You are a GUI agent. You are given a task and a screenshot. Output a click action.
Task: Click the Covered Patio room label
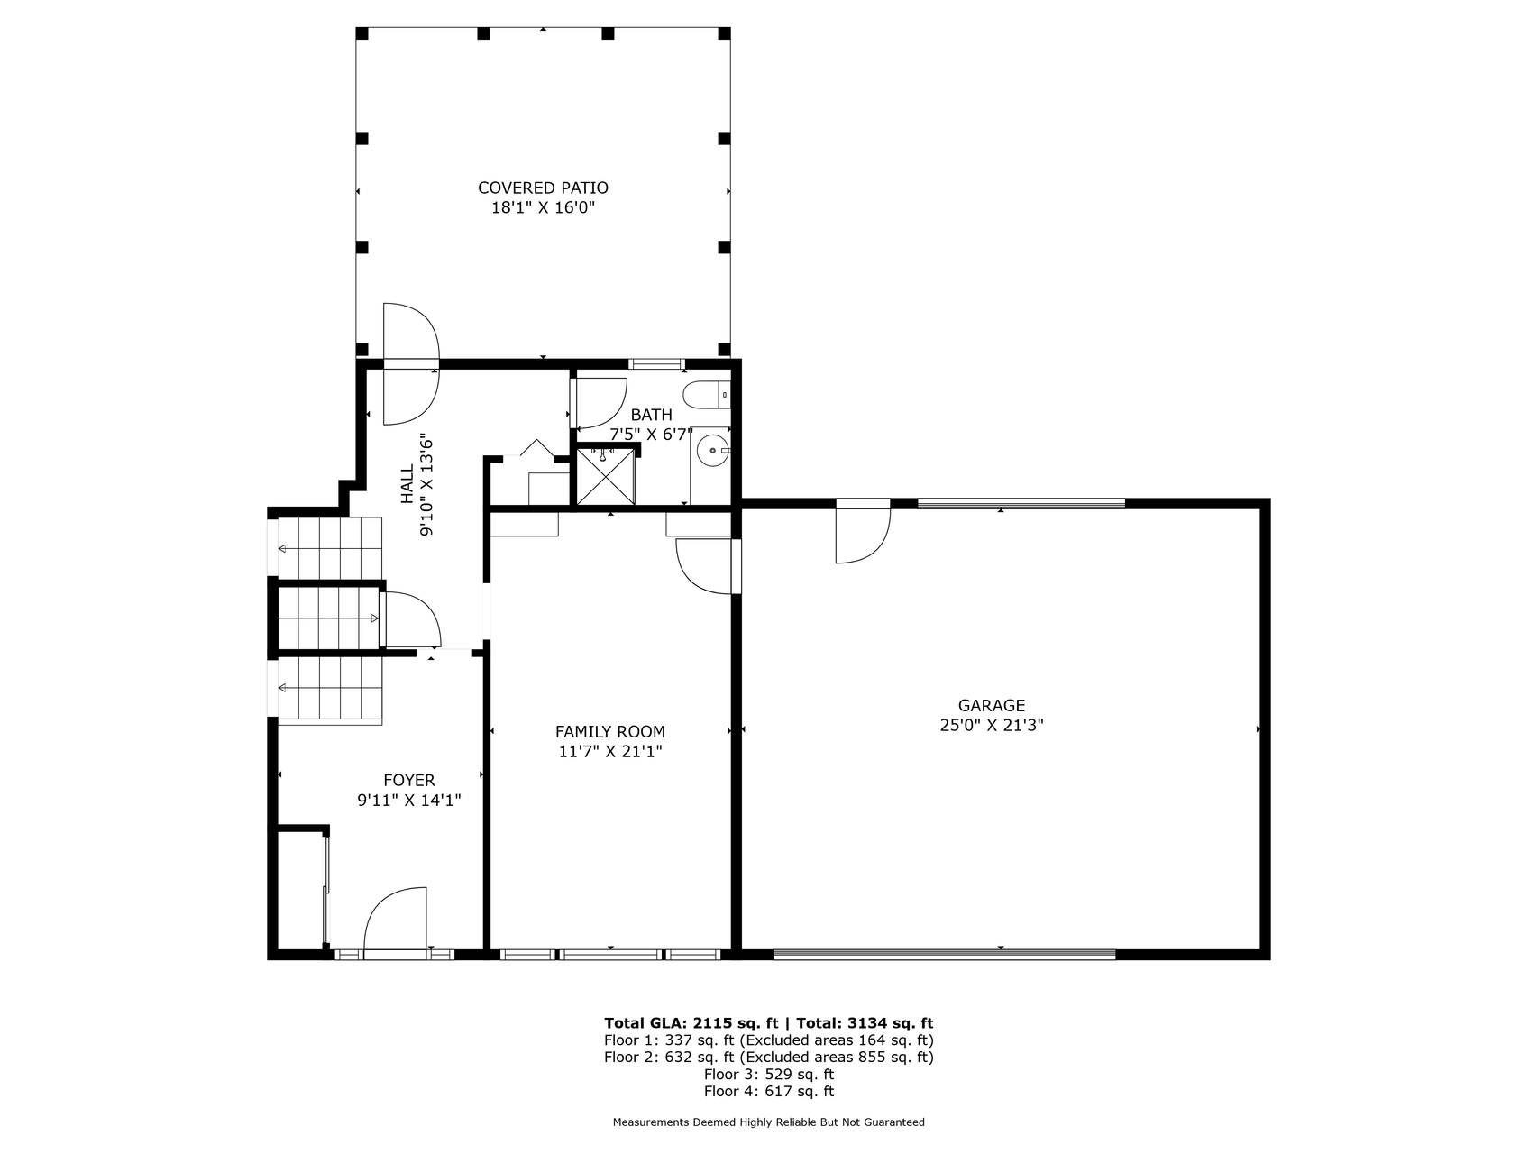[543, 188]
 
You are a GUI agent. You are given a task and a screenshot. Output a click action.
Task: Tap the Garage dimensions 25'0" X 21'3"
[992, 725]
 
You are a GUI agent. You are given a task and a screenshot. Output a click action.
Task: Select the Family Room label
[610, 732]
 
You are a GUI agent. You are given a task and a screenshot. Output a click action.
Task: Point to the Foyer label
[409, 781]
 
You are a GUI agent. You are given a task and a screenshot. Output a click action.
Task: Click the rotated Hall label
[407, 485]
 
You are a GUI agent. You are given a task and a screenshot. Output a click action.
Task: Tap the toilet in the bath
[706, 395]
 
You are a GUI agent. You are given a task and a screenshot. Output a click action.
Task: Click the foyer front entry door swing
[395, 919]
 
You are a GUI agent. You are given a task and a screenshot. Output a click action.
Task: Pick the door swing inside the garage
[863, 531]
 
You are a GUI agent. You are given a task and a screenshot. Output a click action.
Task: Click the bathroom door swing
[600, 403]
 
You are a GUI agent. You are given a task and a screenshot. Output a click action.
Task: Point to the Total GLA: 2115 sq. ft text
[691, 1023]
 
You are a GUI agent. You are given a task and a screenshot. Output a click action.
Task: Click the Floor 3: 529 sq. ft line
[769, 1074]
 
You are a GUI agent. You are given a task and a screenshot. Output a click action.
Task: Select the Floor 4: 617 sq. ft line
[769, 1091]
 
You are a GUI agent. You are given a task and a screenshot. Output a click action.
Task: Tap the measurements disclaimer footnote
[769, 1122]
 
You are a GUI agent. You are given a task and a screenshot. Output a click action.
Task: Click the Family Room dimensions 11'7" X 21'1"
[610, 751]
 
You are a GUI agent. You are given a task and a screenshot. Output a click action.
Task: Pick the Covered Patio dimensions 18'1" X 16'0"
[543, 207]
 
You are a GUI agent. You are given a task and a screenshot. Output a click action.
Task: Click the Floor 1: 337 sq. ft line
[769, 1040]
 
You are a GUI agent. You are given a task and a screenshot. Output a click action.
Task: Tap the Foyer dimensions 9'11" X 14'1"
[409, 800]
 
